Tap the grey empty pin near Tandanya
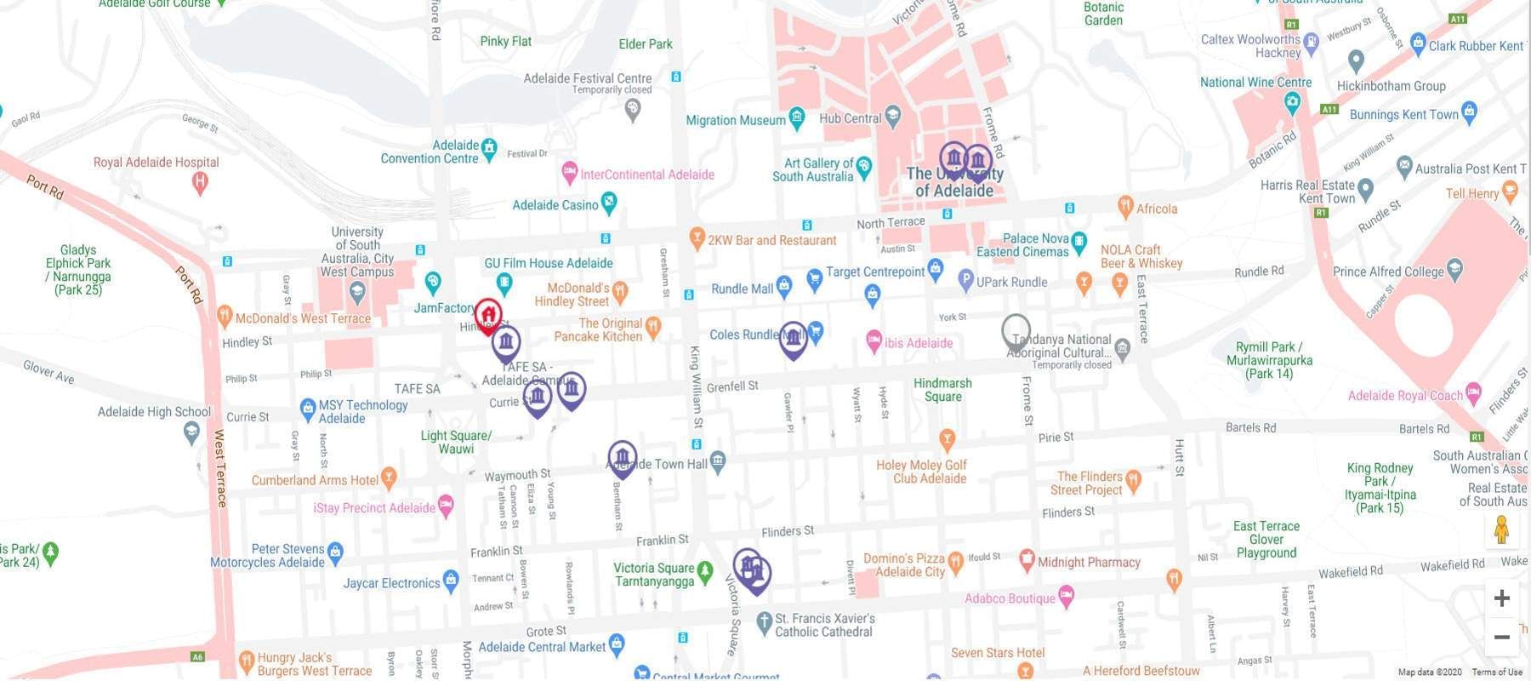point(1016,330)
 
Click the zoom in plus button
point(1501,598)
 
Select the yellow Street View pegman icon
point(1501,530)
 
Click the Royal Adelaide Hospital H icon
point(200,180)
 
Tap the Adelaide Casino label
point(555,205)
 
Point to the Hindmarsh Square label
point(942,390)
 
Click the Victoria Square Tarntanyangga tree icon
point(704,569)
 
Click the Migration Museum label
point(736,121)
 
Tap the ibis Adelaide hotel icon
point(874,342)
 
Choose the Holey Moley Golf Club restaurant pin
point(947,440)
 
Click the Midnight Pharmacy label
point(1089,563)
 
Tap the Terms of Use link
point(1497,672)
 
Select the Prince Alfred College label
point(1388,272)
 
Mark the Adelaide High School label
point(154,412)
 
